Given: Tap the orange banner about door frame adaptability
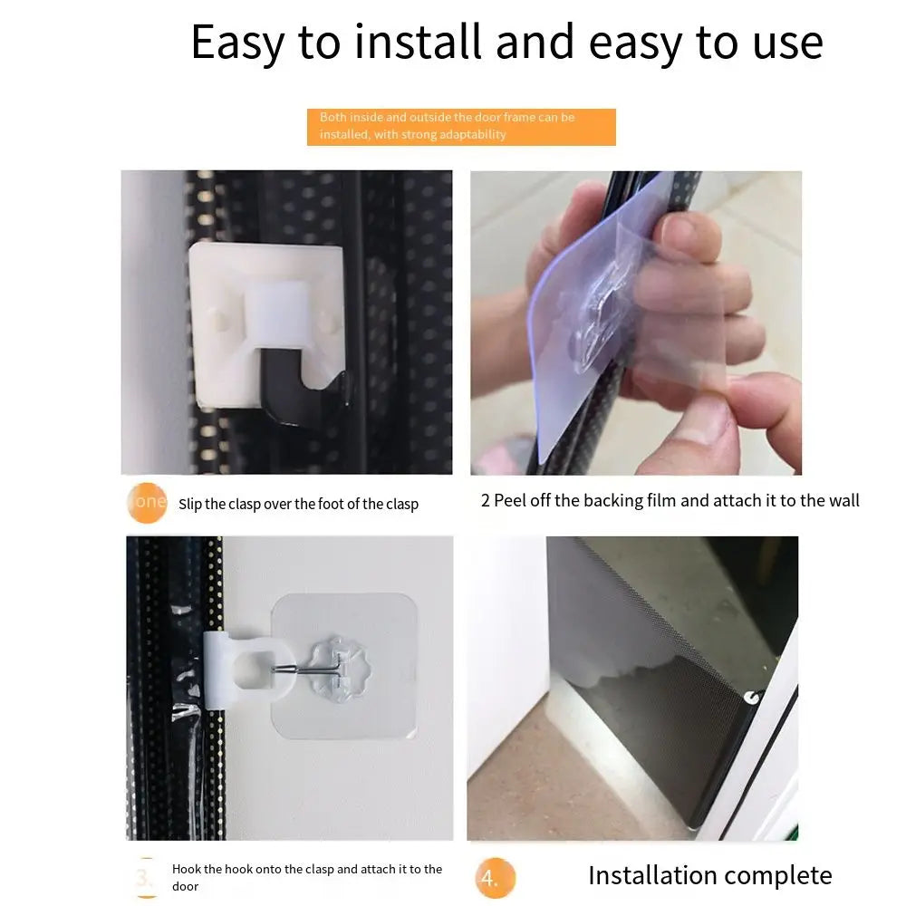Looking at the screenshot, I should (461, 127).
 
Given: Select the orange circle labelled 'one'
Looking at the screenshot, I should (148, 502).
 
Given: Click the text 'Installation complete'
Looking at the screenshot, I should (709, 875).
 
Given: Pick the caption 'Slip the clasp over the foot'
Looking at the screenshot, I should (298, 505).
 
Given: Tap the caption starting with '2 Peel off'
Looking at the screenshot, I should (670, 500).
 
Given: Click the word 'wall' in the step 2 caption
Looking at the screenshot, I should (843, 500).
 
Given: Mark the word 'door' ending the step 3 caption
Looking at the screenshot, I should (185, 886).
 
